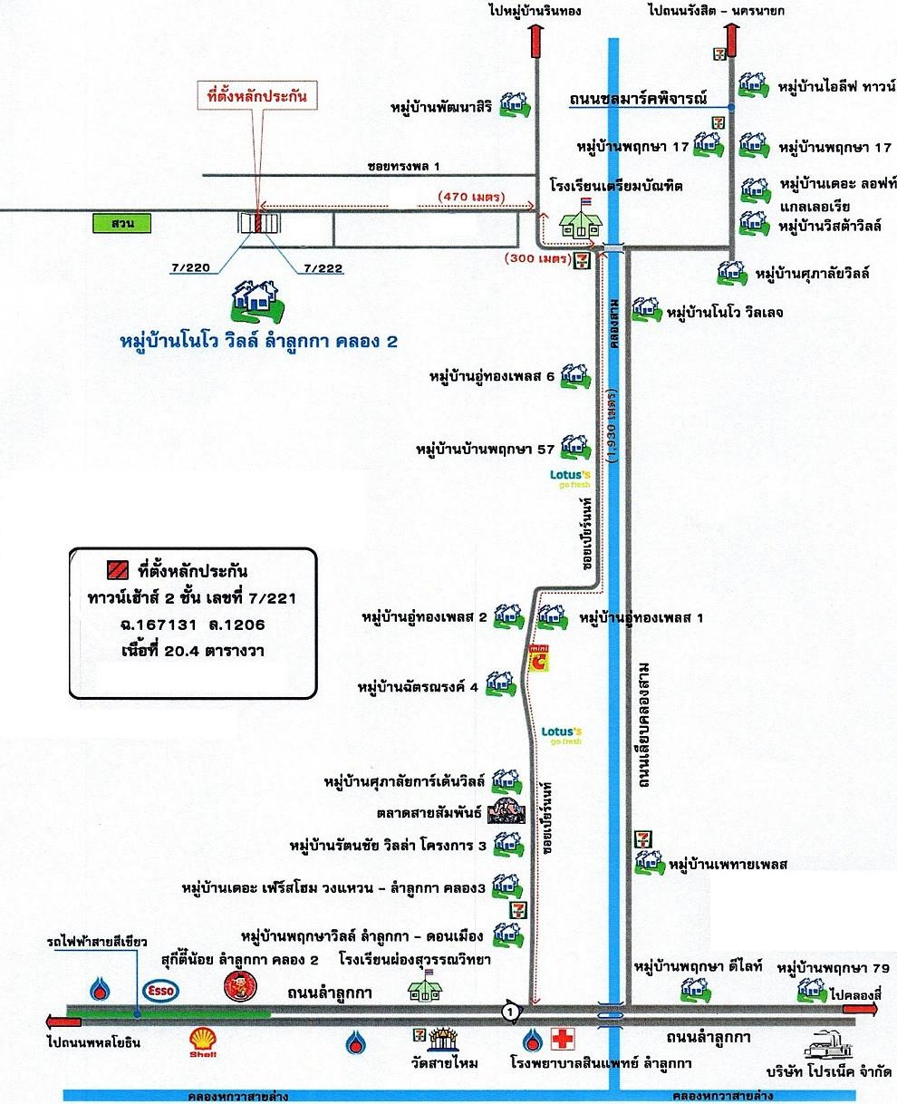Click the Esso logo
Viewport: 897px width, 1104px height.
click(161, 991)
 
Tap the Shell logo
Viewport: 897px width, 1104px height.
click(203, 1041)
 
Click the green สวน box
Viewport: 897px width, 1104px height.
click(121, 223)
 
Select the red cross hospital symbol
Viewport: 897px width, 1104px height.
click(563, 1040)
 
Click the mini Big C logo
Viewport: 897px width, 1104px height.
click(539, 658)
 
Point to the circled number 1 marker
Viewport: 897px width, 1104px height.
click(511, 1012)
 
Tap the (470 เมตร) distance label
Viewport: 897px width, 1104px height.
click(471, 197)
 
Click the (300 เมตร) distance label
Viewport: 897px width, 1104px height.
click(539, 257)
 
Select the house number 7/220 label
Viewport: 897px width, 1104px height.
click(190, 267)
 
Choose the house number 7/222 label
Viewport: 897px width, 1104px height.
click(323, 268)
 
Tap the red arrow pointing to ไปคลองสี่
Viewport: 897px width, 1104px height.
click(860, 1009)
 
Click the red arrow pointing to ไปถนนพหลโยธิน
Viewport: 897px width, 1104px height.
click(63, 1022)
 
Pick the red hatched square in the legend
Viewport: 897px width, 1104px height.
click(118, 570)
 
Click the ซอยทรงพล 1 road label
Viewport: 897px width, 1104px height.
click(404, 167)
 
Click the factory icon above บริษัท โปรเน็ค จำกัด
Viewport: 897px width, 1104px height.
click(828, 1043)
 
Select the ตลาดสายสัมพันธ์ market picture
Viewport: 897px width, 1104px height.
click(506, 811)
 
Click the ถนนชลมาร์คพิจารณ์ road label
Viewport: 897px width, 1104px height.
click(638, 99)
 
